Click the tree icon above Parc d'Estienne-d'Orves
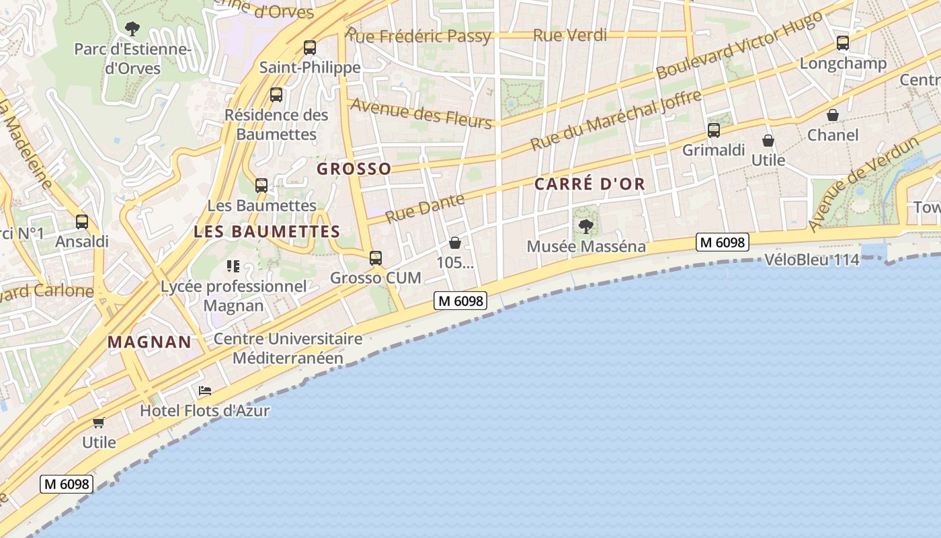coord(132,28)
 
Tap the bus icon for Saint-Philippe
coord(310,48)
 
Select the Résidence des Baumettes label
coord(276,124)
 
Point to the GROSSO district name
coord(354,169)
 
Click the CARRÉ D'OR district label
coord(589,184)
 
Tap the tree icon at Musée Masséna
coord(586,226)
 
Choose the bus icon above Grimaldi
coord(714,130)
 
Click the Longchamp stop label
coord(843,63)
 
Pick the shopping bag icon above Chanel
coord(833,116)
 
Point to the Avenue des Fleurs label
coord(421,112)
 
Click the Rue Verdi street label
coord(570,35)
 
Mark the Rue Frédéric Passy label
coord(419,36)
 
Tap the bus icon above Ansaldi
coord(82,221)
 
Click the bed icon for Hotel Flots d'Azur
coord(205,391)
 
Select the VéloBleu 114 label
coord(812,260)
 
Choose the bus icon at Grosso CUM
coord(376,258)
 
